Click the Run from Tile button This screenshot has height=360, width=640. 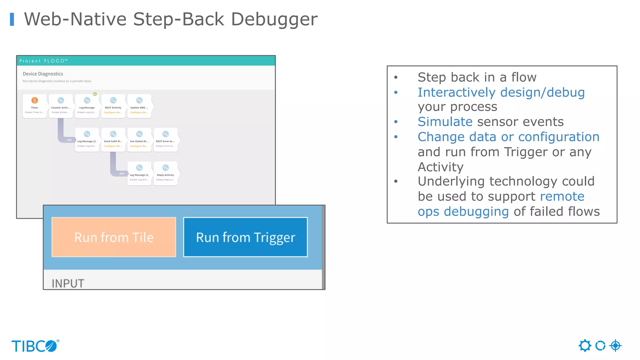click(x=114, y=237)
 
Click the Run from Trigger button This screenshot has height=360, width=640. click(x=245, y=237)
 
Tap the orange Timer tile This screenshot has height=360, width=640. click(x=35, y=106)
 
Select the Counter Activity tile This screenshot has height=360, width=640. click(x=61, y=106)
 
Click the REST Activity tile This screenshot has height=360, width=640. click(x=113, y=106)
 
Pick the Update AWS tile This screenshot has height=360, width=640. click(x=139, y=106)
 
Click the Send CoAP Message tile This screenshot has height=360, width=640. click(x=113, y=140)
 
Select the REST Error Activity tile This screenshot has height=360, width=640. click(x=166, y=140)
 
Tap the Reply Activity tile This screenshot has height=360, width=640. click(x=166, y=173)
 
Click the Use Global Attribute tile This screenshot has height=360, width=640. click(x=139, y=140)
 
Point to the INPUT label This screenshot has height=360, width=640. click(x=68, y=283)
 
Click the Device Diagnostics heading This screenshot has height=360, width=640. click(x=43, y=74)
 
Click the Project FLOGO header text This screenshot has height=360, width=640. click(x=43, y=61)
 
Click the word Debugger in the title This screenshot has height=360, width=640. click(x=274, y=19)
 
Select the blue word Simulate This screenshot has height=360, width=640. click(x=445, y=122)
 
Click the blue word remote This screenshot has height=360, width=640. click(x=562, y=196)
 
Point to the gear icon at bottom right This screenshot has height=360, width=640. click(x=585, y=346)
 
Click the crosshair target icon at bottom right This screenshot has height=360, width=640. click(x=615, y=346)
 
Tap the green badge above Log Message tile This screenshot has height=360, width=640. click(x=95, y=94)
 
